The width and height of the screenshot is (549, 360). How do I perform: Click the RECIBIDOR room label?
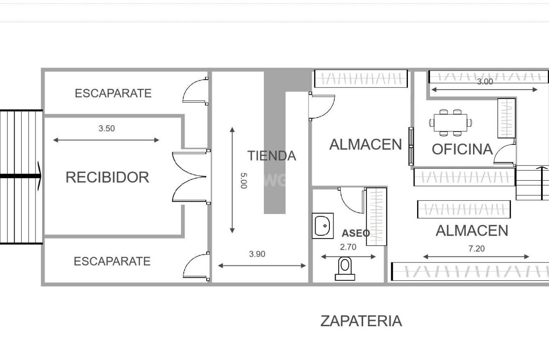tap(107, 177)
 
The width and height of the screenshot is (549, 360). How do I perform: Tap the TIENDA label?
tap(272, 156)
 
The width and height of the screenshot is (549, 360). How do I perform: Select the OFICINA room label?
tap(462, 149)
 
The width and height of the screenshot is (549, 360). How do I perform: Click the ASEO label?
tap(356, 233)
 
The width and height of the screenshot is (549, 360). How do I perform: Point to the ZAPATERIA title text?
tap(361, 321)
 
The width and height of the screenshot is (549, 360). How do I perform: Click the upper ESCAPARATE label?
tap(113, 93)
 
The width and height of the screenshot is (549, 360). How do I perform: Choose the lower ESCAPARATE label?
tap(112, 262)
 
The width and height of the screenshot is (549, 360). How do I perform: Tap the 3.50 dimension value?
tap(106, 128)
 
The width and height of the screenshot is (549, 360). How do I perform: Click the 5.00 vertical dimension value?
tap(243, 181)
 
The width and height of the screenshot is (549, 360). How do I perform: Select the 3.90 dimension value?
tap(257, 254)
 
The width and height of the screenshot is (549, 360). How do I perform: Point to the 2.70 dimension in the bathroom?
tap(348, 247)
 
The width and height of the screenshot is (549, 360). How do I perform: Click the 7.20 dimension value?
tap(476, 249)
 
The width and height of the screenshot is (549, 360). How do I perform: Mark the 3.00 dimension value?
tap(485, 82)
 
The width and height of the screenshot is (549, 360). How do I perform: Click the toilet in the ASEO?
tap(345, 268)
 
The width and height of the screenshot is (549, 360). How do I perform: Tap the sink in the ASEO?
tap(323, 226)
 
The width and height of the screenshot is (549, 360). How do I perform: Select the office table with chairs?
tap(450, 123)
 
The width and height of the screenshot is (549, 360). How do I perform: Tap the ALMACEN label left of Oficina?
tap(365, 144)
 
